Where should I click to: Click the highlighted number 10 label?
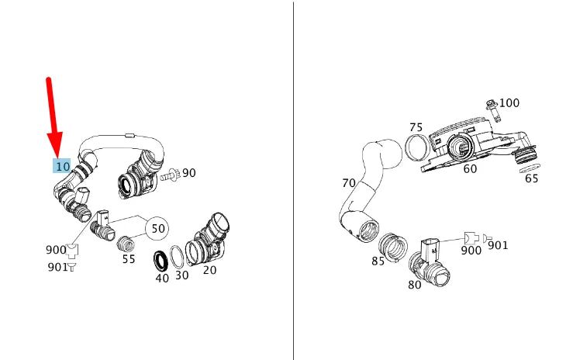click(x=62, y=166)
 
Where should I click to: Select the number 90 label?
click(x=188, y=172)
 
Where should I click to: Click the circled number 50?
click(x=157, y=229)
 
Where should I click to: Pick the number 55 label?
click(x=129, y=259)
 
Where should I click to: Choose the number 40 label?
click(x=162, y=278)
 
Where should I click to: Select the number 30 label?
click(x=181, y=275)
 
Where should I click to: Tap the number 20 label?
click(x=209, y=270)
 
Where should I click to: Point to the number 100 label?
click(x=509, y=102)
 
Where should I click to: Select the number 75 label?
click(x=416, y=127)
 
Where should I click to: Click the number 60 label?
click(x=470, y=168)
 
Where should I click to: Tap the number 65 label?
click(x=531, y=178)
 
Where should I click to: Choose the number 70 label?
click(x=349, y=184)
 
